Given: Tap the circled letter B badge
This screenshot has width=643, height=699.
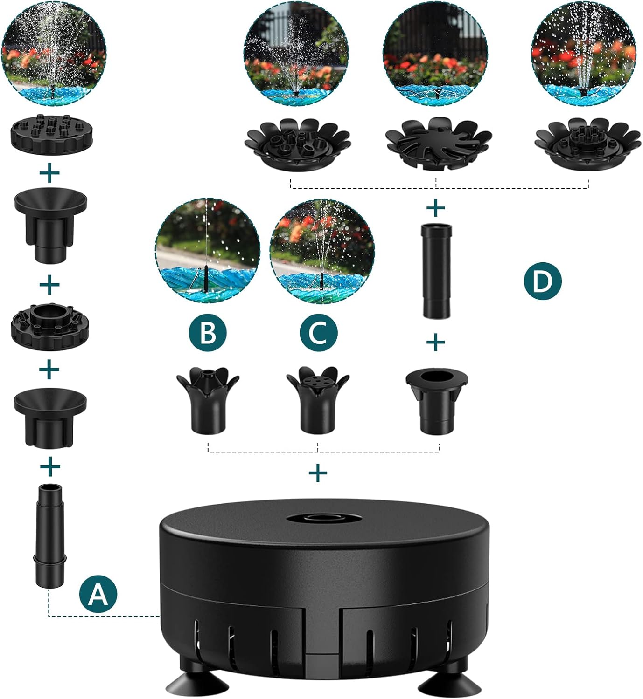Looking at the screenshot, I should pos(208,333).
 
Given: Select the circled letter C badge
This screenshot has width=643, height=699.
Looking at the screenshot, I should pos(318,333).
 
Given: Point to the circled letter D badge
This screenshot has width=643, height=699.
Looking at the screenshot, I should pos(542,281).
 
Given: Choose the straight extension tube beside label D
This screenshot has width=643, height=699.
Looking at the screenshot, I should pos(437,271).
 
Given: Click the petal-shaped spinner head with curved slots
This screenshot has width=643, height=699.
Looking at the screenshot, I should pos(438,142).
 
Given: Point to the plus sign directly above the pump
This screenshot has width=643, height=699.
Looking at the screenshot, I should pos(318,473).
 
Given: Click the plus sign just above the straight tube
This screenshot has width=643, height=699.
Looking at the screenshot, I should pos(436,208).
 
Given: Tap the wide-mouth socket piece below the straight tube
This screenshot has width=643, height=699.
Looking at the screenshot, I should pos(437,401).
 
